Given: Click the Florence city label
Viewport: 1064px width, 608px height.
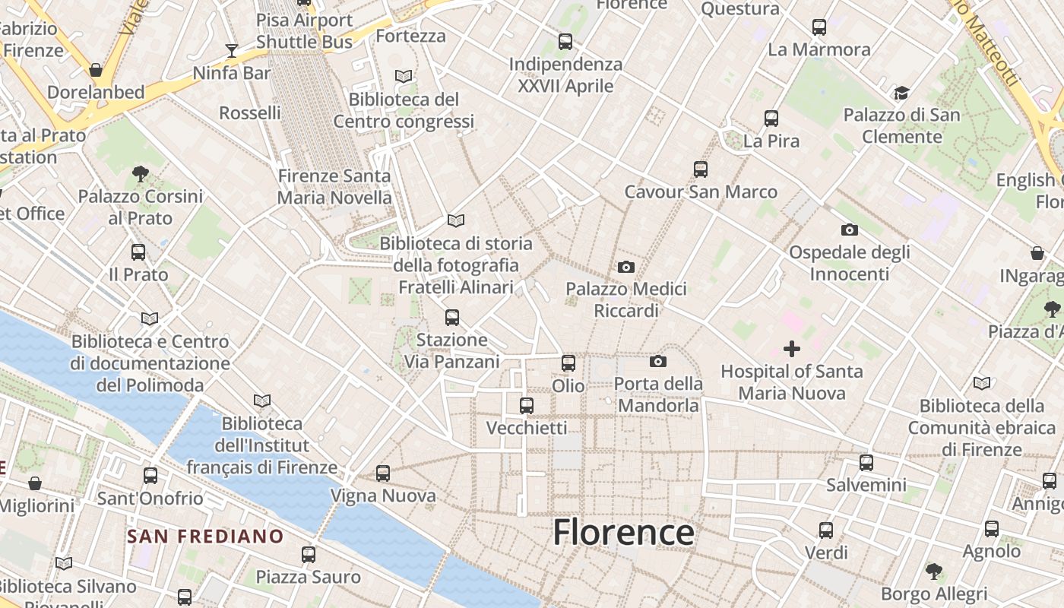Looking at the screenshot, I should coord(623,532).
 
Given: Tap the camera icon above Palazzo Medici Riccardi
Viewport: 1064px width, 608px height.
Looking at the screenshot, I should coord(626,267).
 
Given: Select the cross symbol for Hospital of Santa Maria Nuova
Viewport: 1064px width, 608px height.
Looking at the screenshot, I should coord(792,349).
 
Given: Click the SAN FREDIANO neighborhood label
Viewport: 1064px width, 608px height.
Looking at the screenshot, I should coord(205,537).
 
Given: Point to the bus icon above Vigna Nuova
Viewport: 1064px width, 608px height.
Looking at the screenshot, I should coord(383,473).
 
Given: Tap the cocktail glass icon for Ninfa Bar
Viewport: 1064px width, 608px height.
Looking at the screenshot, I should coord(232,51).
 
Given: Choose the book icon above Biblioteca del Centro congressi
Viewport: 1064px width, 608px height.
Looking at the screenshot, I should coord(404,77).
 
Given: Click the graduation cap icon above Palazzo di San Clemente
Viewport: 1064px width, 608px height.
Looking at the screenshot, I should coord(901,93).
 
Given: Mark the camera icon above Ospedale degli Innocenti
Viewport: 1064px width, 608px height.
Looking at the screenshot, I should coord(849,230).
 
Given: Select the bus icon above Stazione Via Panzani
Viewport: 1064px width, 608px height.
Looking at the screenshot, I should coord(452,317).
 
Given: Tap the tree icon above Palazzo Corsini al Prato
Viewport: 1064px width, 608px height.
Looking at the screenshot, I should coord(140,174).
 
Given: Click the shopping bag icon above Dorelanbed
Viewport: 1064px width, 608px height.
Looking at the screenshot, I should coord(96,70).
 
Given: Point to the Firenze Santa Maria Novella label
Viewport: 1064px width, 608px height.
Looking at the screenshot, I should coord(334,187).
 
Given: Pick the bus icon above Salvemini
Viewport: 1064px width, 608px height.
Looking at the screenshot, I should coord(866,462).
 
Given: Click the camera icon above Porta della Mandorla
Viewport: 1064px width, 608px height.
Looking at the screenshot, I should coord(658,361).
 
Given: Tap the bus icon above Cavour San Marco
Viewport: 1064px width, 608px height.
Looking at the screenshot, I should coord(700,169).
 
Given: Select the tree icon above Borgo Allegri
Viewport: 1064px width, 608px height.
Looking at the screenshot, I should coord(934,571).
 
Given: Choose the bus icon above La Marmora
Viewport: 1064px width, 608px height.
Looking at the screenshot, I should coord(819,27).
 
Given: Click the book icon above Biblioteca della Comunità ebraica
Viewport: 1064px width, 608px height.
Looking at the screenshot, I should coord(982,384).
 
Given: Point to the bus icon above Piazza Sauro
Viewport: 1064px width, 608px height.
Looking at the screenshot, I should coord(308,555).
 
